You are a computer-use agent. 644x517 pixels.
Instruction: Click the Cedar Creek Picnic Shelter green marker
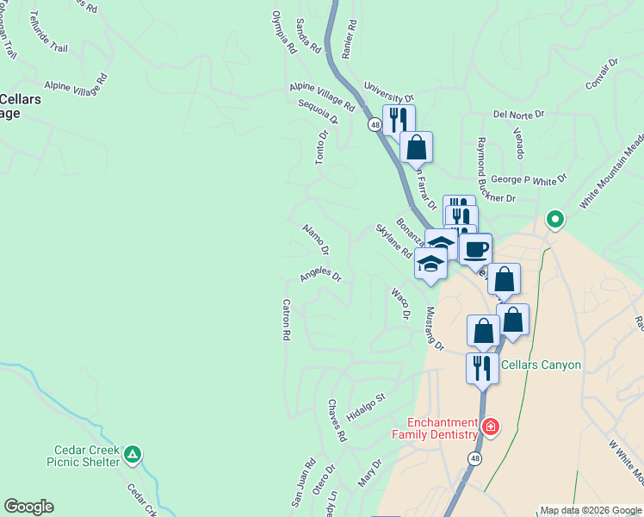(x=132, y=454)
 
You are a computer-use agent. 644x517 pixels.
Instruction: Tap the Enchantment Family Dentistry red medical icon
(x=490, y=427)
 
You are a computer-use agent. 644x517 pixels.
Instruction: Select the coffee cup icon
(x=475, y=251)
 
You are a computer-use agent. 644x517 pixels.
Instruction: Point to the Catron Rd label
(x=286, y=320)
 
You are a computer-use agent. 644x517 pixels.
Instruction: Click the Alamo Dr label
(x=315, y=240)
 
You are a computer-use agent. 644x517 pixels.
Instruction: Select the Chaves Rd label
(x=337, y=420)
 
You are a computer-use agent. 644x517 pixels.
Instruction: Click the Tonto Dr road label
(x=322, y=147)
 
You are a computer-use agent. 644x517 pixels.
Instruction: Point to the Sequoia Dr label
(x=317, y=112)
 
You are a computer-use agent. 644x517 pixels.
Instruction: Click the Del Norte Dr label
(x=519, y=114)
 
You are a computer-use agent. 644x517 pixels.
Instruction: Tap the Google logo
(x=29, y=507)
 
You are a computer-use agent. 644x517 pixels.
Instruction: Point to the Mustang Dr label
(x=434, y=329)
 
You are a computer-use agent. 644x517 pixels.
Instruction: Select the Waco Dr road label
(x=399, y=303)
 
